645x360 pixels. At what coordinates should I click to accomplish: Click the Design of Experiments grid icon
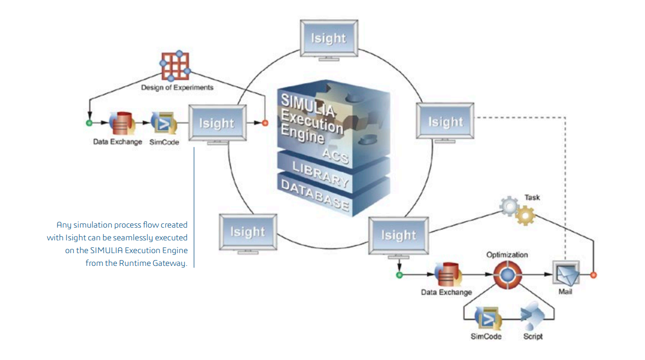tap(176, 66)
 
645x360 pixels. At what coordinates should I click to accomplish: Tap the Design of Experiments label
tap(177, 87)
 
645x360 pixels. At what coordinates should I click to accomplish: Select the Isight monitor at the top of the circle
tap(329, 38)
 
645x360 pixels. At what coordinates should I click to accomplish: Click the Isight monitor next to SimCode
tap(216, 123)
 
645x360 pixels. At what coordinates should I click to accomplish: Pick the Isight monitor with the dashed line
tap(445, 122)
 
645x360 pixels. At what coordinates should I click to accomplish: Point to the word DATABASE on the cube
tap(315, 195)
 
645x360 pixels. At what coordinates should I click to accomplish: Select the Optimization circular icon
tap(507, 275)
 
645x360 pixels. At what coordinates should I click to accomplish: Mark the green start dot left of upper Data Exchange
tap(89, 123)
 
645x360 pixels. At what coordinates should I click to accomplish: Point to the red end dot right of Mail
tap(593, 275)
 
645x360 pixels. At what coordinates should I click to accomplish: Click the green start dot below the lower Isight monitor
tap(399, 275)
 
